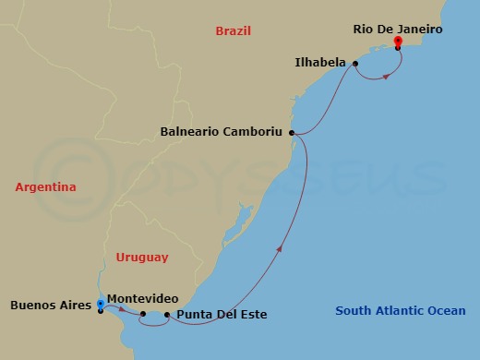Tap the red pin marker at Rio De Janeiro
click(x=397, y=42)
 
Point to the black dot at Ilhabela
click(x=355, y=64)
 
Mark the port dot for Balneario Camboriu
click(x=292, y=133)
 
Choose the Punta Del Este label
click(x=221, y=315)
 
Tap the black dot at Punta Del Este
click(x=166, y=315)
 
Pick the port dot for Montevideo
click(x=142, y=314)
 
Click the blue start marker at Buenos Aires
click(x=100, y=304)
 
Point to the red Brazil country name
click(x=234, y=30)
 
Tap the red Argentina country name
click(x=45, y=187)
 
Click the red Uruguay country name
click(x=142, y=257)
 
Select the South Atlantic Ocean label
click(x=401, y=311)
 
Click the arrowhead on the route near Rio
click(x=385, y=76)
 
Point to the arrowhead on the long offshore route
click(x=280, y=246)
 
